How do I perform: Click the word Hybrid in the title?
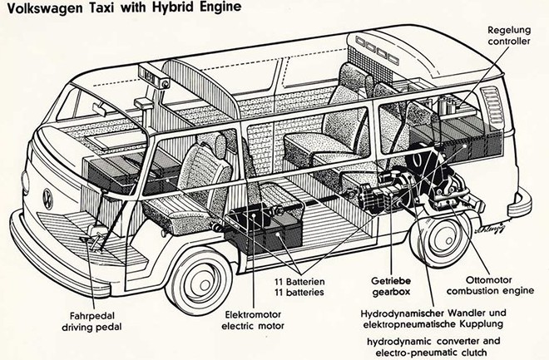tap(144, 8)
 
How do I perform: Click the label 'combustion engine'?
tap(482, 293)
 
